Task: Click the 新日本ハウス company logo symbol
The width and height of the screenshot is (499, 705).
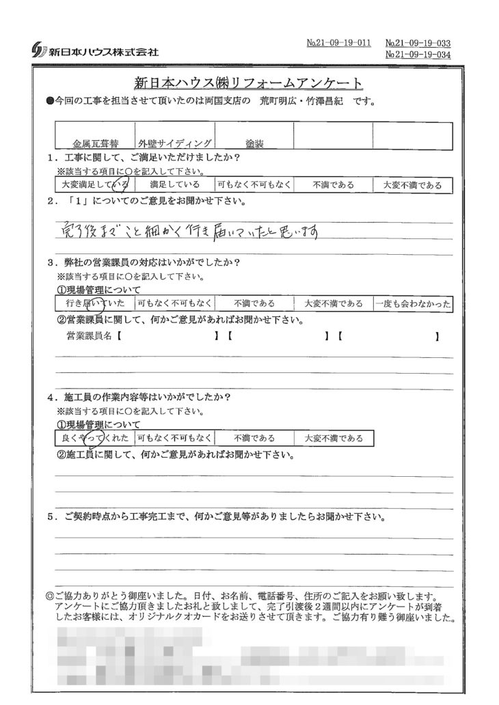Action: pos(38,51)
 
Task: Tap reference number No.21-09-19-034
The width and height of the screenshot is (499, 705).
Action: pos(418,55)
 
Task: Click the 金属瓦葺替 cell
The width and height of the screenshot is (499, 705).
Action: pos(95,145)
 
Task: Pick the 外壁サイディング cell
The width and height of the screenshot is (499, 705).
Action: pos(174,145)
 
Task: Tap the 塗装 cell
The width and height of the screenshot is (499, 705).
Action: pos(254,145)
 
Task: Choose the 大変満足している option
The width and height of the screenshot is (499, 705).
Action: pos(94,184)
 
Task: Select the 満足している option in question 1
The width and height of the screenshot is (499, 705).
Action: pos(174,184)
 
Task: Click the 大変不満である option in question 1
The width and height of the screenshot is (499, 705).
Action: pos(412,184)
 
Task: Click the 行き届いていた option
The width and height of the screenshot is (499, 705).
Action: pos(94,304)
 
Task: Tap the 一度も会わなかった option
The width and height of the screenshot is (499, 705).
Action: pos(412,304)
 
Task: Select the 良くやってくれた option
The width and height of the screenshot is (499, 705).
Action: pos(94,438)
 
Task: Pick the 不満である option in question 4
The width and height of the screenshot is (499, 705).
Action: pos(254,438)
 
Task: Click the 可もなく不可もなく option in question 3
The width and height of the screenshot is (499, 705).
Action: pos(174,304)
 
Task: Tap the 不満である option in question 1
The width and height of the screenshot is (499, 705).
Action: pos(333,184)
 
